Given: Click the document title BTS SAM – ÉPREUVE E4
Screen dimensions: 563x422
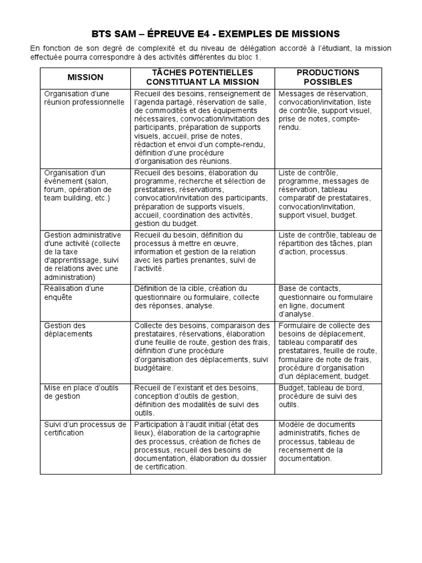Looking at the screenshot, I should point(211,34).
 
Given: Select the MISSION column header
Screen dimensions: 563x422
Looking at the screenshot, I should point(85,78).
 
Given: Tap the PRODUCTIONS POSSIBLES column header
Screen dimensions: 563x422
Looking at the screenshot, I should point(327,77).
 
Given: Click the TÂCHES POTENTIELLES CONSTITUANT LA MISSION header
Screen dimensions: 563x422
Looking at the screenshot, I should point(202,77).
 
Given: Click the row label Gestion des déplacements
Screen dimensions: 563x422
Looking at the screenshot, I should point(68,330).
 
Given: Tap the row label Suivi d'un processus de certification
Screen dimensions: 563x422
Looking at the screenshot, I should point(85,428).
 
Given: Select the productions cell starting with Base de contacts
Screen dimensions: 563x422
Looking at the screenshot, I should point(326,301).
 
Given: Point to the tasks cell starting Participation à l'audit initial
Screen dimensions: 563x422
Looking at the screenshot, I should point(202,445).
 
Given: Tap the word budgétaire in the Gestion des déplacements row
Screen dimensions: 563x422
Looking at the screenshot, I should point(153,368).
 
